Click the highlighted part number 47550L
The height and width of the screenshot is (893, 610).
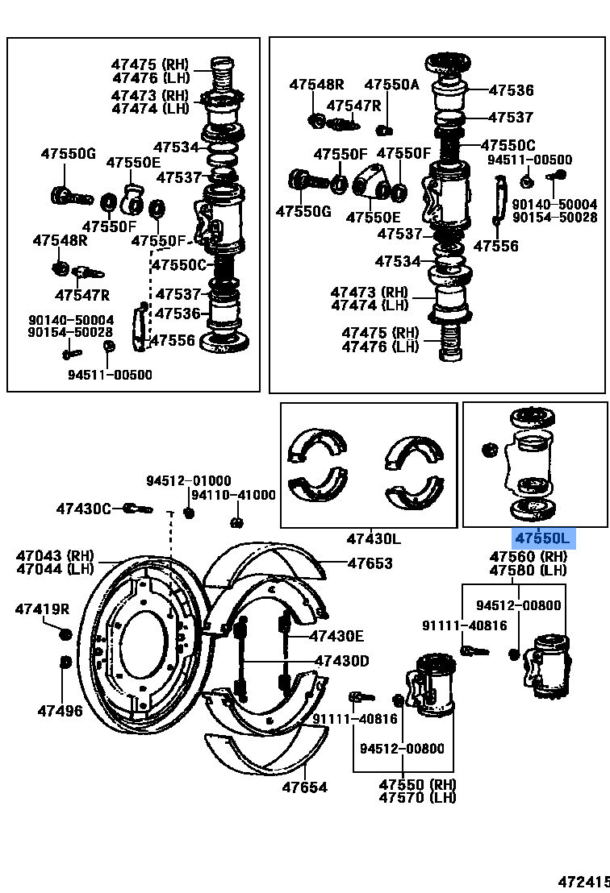click(543, 538)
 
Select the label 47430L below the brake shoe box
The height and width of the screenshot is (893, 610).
click(374, 538)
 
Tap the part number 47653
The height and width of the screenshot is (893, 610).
click(370, 563)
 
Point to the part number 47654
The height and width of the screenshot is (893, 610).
click(305, 787)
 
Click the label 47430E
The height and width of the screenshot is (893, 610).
click(336, 635)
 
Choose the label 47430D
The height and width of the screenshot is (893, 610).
click(341, 662)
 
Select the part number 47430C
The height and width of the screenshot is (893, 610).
click(84, 509)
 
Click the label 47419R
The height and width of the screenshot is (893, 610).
click(42, 609)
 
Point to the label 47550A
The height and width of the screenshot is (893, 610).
click(391, 84)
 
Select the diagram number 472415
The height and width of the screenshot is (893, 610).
click(583, 883)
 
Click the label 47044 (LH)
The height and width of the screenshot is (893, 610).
click(55, 569)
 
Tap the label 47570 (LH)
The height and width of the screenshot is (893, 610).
click(417, 798)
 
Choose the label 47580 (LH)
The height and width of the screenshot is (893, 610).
click(529, 571)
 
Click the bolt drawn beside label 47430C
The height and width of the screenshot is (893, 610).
click(138, 509)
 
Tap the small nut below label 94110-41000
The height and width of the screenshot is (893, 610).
click(236, 522)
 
